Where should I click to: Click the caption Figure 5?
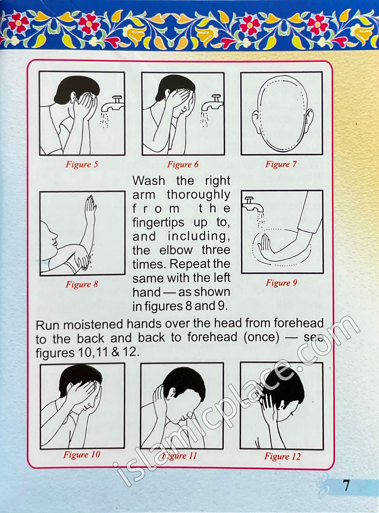82,164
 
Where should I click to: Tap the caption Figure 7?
281,164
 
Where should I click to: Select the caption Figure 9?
281,283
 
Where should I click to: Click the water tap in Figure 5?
113,104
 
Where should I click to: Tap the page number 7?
346,486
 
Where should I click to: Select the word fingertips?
158,222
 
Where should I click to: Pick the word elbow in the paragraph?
176,250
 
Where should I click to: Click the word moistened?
94,325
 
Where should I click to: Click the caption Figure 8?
82,284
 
